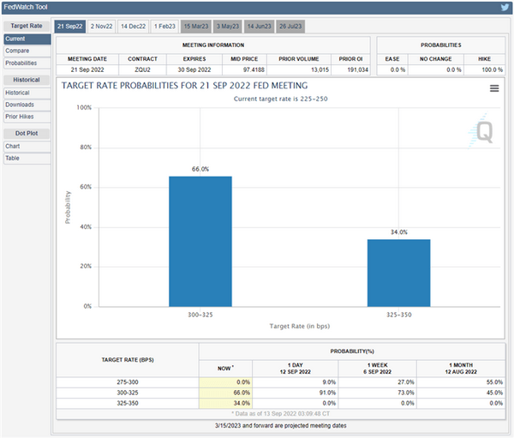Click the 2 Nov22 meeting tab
[102, 27]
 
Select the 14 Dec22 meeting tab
[134, 27]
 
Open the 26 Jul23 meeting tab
[292, 27]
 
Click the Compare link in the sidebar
[16, 51]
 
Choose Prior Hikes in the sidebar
[20, 117]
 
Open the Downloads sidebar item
[20, 105]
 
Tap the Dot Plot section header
[25, 133]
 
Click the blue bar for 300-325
[200, 241]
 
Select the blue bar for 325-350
[398, 272]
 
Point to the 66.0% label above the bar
[200, 170]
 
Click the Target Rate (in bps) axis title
[299, 327]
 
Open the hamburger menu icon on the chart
[494, 88]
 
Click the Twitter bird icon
[505, 8]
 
